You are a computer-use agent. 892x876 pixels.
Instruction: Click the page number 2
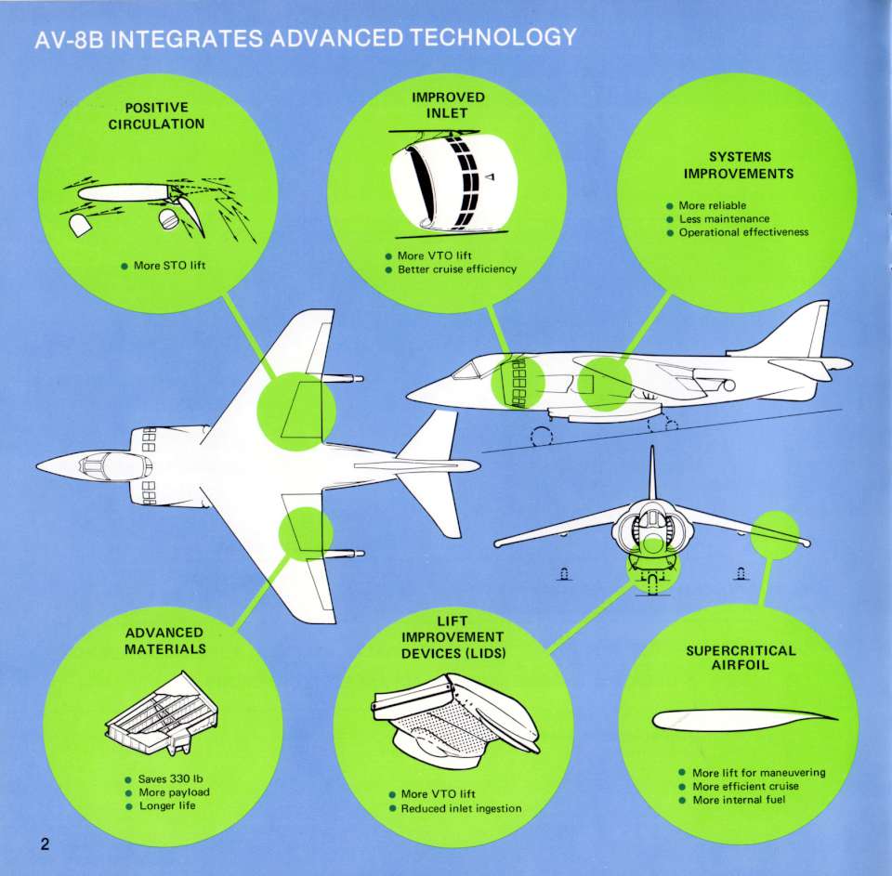[x=44, y=844]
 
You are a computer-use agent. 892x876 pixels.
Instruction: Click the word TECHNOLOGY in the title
[x=495, y=38]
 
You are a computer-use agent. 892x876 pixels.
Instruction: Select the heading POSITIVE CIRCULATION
[x=156, y=116]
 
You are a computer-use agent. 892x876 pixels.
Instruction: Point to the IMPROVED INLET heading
[x=448, y=105]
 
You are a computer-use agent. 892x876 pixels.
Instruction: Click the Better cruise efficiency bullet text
[x=456, y=269]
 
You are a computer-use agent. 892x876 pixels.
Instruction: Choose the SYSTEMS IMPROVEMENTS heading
[x=740, y=165]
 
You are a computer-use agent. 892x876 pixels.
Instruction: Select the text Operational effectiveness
[x=743, y=232]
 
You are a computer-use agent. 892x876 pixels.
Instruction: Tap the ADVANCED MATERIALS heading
[x=164, y=640]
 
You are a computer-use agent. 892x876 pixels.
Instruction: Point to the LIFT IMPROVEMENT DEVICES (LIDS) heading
[x=452, y=637]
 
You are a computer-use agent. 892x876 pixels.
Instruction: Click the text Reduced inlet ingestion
[x=461, y=808]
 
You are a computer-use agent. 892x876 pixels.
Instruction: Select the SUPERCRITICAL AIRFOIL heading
[x=741, y=657]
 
